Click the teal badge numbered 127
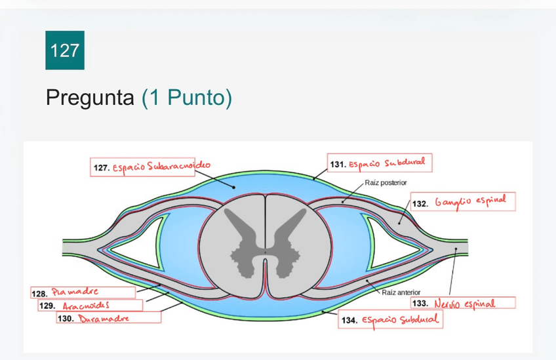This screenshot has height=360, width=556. pyautogui.click(x=65, y=50)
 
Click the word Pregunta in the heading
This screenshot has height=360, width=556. pyautogui.click(x=90, y=98)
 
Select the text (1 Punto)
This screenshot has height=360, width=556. pyautogui.click(x=186, y=98)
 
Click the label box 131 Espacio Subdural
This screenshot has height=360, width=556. pyautogui.click(x=380, y=163)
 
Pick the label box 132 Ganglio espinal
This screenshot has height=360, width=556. pyautogui.click(x=463, y=203)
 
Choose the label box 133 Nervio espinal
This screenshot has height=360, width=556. pyautogui.click(x=463, y=303)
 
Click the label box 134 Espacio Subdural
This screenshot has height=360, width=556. pyautogui.click(x=390, y=320)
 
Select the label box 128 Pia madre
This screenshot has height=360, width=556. pyautogui.click(x=83, y=292)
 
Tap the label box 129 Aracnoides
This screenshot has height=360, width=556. pyautogui.click(x=90, y=306)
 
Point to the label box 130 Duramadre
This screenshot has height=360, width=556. pyautogui.click(x=109, y=318)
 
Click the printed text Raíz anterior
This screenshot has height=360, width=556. pyautogui.click(x=401, y=292)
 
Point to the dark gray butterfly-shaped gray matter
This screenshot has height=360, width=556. pyautogui.click(x=265, y=243)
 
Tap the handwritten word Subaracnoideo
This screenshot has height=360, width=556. pyautogui.click(x=180, y=167)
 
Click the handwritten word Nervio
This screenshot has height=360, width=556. pyautogui.click(x=449, y=304)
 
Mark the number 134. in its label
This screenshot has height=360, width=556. pyautogui.click(x=348, y=321)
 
